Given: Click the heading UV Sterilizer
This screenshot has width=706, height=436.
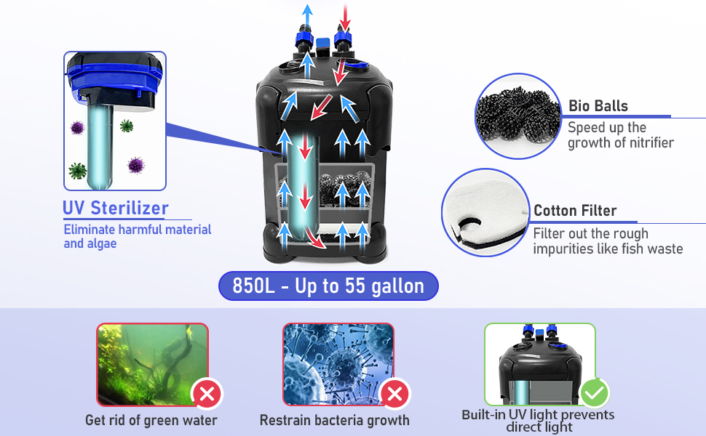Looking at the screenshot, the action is pos(116,208).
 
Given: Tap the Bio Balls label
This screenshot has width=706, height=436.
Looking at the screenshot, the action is pos(598,106).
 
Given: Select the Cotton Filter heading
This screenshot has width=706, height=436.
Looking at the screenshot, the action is pos(575,211).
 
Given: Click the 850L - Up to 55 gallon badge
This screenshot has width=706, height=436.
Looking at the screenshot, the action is pos(328,286).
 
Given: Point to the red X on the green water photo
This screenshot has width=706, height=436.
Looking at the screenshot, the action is pos(207,395).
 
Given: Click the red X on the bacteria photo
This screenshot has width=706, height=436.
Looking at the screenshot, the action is pos(394,395).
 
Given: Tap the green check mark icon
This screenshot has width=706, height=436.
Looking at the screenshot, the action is pos(595,393).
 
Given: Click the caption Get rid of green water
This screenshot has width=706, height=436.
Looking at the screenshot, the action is pos(151,420).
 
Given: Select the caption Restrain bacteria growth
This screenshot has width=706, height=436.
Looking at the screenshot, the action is pos(335,420).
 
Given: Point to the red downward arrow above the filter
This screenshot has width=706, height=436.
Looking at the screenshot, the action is pos(345,14).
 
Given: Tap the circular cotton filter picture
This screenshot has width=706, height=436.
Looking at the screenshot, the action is pos(484,213).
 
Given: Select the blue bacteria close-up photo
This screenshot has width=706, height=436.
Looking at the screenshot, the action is pos(338,364).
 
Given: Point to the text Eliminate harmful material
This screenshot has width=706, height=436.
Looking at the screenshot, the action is pos(138,230).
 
